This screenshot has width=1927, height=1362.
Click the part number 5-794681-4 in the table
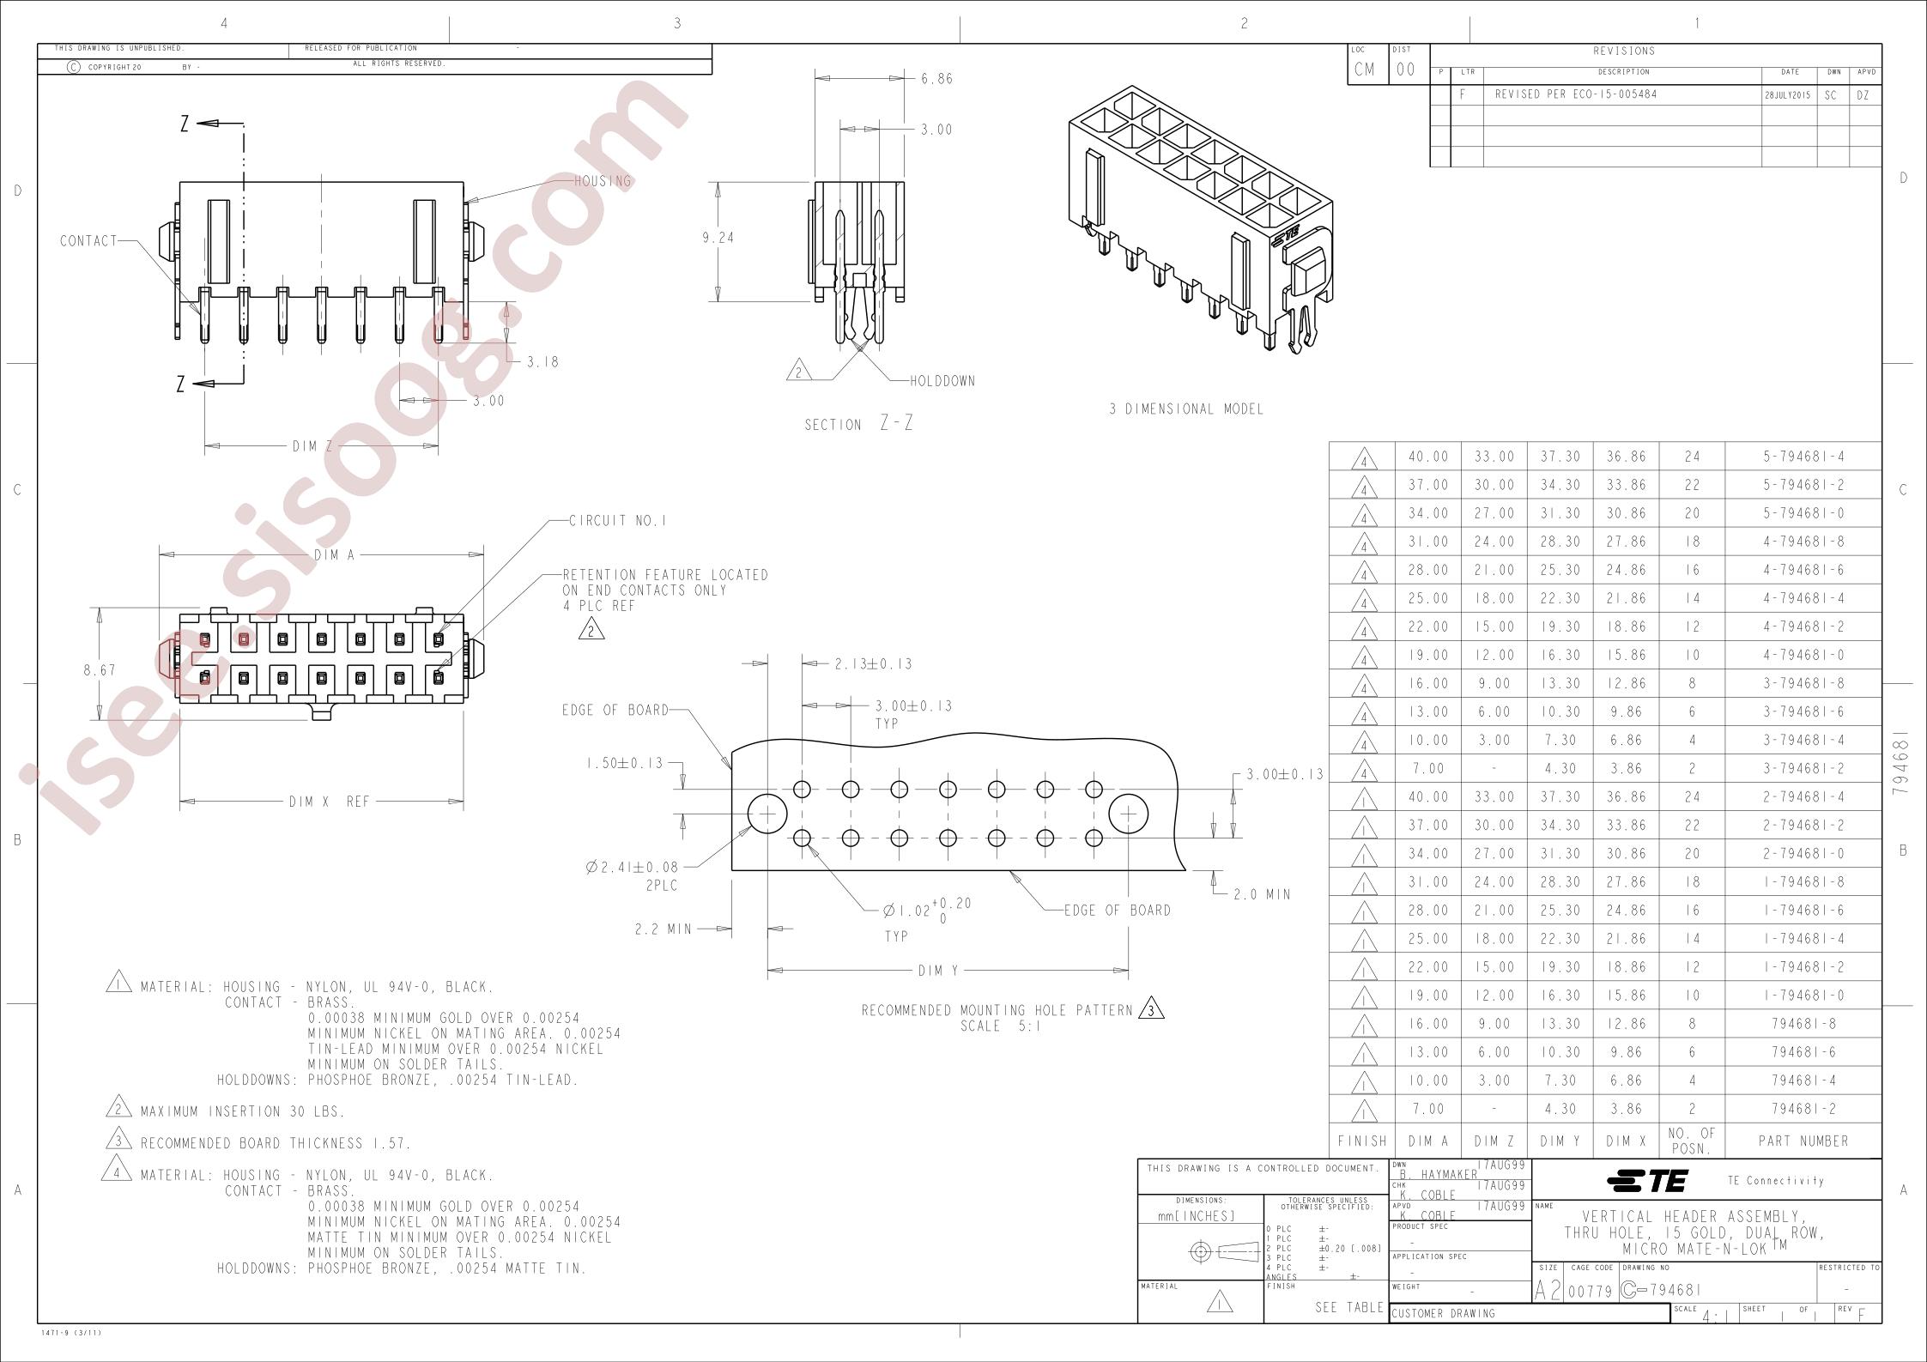1803,457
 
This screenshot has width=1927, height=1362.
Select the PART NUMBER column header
1803,1141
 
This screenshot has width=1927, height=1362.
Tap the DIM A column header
1428,1141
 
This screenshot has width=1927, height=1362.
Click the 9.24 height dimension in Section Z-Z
718,238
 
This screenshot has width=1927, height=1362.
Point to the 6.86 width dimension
936,79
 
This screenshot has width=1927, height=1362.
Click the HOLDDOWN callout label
942,381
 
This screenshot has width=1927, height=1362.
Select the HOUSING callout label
603,181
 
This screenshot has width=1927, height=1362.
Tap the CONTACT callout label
88,241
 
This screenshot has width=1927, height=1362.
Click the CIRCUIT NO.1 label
618,521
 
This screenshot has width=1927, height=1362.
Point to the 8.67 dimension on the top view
100,670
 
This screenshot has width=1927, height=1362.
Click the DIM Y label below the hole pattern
938,971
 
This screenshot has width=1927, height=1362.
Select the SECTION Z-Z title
858,423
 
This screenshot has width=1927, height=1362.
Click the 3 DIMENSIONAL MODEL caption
1186,409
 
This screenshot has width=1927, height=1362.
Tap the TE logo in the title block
1648,1182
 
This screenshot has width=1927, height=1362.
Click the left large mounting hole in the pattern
767,813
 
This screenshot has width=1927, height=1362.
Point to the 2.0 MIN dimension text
1262,894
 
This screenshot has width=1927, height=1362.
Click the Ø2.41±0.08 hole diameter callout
632,868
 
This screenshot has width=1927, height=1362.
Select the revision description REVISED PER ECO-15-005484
1576,94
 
